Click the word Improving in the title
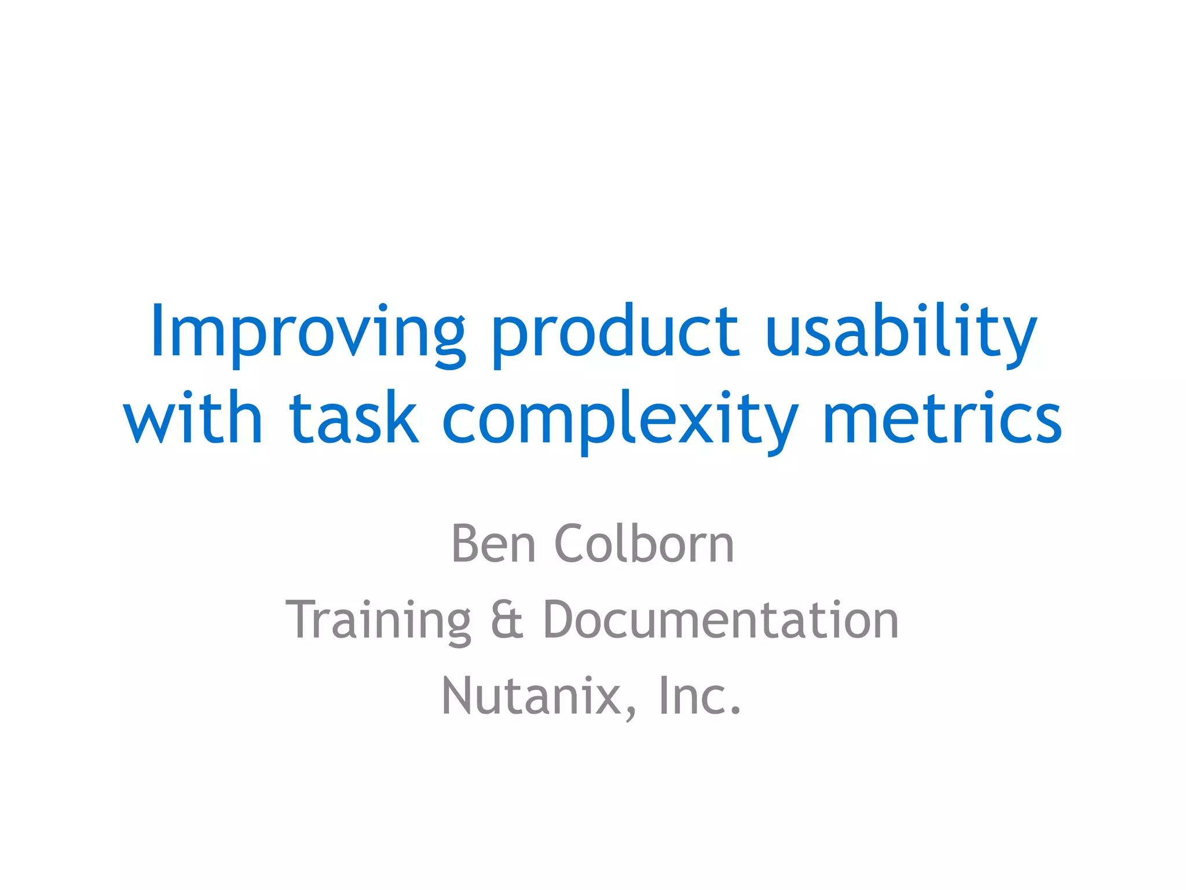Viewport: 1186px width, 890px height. (308, 333)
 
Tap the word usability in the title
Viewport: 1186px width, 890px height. (901, 333)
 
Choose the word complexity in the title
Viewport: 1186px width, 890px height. (620, 421)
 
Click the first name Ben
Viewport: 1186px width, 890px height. (493, 544)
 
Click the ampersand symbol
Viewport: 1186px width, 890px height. (507, 620)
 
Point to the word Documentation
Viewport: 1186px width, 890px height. (720, 620)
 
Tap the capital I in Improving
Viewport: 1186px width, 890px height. (156, 330)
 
